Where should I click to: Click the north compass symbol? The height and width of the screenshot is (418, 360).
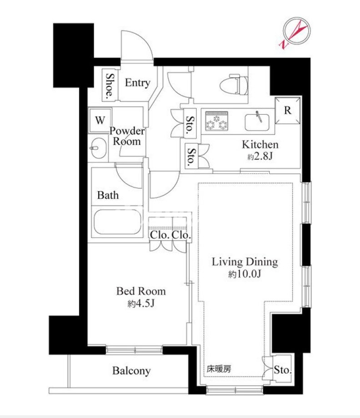coord(295,33)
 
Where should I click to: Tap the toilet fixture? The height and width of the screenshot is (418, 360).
coord(234,84)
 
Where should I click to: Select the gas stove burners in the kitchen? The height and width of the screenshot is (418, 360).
coord(216,121)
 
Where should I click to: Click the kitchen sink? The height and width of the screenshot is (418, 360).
coord(257,122)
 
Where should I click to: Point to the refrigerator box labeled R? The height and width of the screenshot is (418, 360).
coord(288,111)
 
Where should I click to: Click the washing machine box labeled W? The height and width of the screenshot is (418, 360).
coord(100,120)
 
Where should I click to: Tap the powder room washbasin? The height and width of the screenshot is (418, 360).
coord(98,148)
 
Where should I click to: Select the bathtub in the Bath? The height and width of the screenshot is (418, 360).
coord(117,222)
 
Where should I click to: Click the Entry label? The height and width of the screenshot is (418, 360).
coord(137,83)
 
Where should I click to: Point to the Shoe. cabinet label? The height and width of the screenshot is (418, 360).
coord(110,85)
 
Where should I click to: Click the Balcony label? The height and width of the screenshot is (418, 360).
coord(131,371)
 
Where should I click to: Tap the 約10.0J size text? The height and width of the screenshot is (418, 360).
coord(245,274)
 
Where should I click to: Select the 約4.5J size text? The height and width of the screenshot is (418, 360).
coord(141,303)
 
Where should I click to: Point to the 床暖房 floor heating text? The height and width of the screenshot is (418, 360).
coord(219,369)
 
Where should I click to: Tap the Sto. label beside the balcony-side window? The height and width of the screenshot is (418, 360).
coord(283,370)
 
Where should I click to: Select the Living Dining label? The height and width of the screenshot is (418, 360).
coord(245,262)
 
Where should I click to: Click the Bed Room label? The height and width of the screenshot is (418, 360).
coord(141,291)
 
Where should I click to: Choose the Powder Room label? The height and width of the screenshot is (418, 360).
coord(127,136)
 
